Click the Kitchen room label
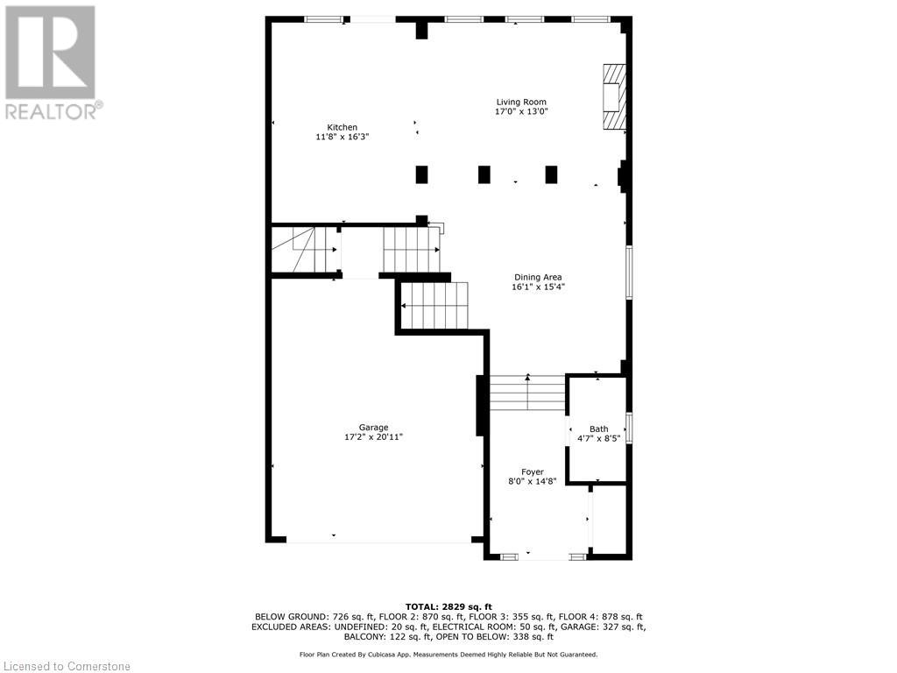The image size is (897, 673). tap(343, 127)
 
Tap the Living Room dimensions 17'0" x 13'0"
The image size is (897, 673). tap(521, 112)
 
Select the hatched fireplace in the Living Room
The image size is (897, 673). tap(614, 96)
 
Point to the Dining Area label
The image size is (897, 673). tap(538, 277)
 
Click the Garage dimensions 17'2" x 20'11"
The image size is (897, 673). tap(373, 437)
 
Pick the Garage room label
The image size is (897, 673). tap(373, 428)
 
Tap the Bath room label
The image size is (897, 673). tap(598, 429)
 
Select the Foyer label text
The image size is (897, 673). tap(533, 471)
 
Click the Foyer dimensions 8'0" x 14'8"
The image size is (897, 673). tap(533, 481)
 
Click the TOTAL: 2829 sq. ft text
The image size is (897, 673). tap(448, 606)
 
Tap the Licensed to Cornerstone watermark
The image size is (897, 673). tap(66, 667)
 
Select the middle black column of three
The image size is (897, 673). tap(484, 174)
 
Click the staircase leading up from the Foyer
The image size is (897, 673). tap(527, 393)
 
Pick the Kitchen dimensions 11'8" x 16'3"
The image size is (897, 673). tap(343, 137)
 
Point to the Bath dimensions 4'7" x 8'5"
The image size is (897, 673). tap(598, 438)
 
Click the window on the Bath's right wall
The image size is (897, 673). tap(629, 428)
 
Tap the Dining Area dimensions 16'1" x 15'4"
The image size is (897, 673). tap(538, 287)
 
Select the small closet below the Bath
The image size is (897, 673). tap(609, 519)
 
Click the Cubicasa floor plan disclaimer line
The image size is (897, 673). tap(448, 655)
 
